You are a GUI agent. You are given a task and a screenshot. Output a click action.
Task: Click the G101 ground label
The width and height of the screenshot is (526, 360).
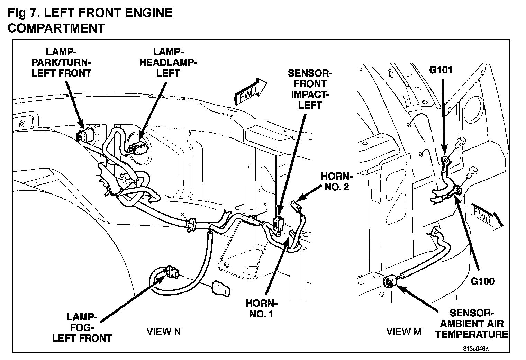[x=441, y=70]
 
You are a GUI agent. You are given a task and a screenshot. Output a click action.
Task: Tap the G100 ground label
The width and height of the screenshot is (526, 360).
[x=482, y=281]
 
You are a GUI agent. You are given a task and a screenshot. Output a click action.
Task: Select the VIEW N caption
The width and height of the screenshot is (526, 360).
[x=163, y=332]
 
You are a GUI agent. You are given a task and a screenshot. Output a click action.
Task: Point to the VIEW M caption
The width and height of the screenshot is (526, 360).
[x=403, y=332]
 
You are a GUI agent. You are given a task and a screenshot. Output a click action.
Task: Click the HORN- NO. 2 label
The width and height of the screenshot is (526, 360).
[x=335, y=181]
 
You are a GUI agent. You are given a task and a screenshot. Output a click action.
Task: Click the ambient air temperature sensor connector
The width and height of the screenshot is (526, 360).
[x=390, y=281]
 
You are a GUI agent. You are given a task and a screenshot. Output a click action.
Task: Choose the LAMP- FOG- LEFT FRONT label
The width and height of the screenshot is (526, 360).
[x=82, y=327]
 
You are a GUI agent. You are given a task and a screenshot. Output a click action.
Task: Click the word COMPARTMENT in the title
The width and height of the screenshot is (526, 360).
[x=56, y=28]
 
